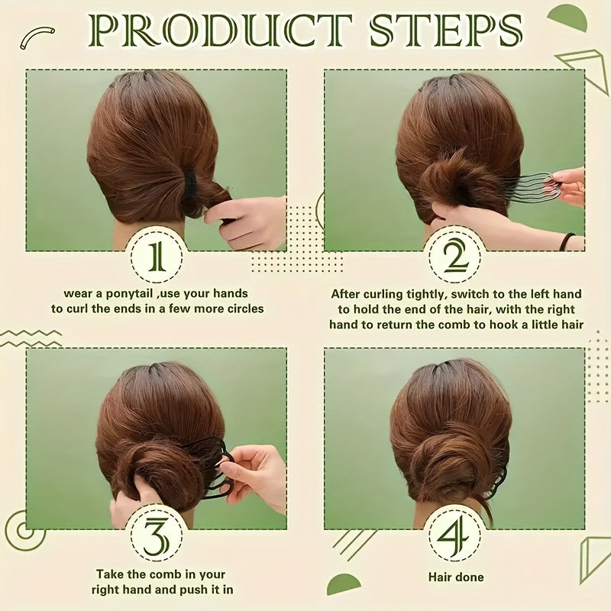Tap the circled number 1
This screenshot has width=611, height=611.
pyautogui.click(x=156, y=256)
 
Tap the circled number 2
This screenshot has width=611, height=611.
pyautogui.click(x=457, y=256)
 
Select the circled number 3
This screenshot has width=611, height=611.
pyautogui.click(x=156, y=535)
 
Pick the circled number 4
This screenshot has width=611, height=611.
pyautogui.click(x=457, y=535)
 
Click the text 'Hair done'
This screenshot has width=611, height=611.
pyautogui.click(x=457, y=577)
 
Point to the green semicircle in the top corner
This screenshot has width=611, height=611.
pyautogui.click(x=569, y=17)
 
